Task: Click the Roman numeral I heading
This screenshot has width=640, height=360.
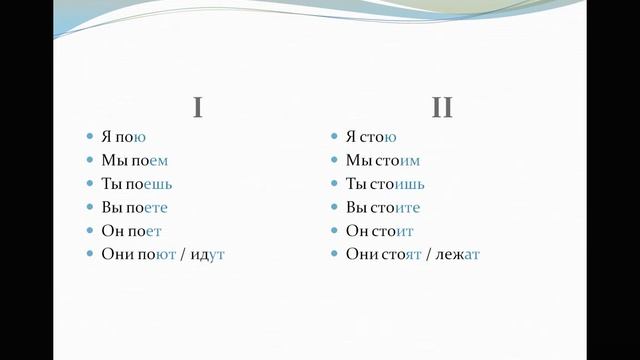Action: pyautogui.click(x=198, y=107)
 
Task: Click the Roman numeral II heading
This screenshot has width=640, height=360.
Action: pyautogui.click(x=442, y=107)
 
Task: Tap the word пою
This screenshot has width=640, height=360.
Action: pyautogui.click(x=131, y=137)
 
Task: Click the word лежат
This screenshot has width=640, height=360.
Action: pyautogui.click(x=459, y=255)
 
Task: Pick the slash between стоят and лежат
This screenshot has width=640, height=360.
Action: pyautogui.click(x=430, y=255)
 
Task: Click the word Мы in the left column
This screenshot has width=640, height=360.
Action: pyautogui.click(x=112, y=161)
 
